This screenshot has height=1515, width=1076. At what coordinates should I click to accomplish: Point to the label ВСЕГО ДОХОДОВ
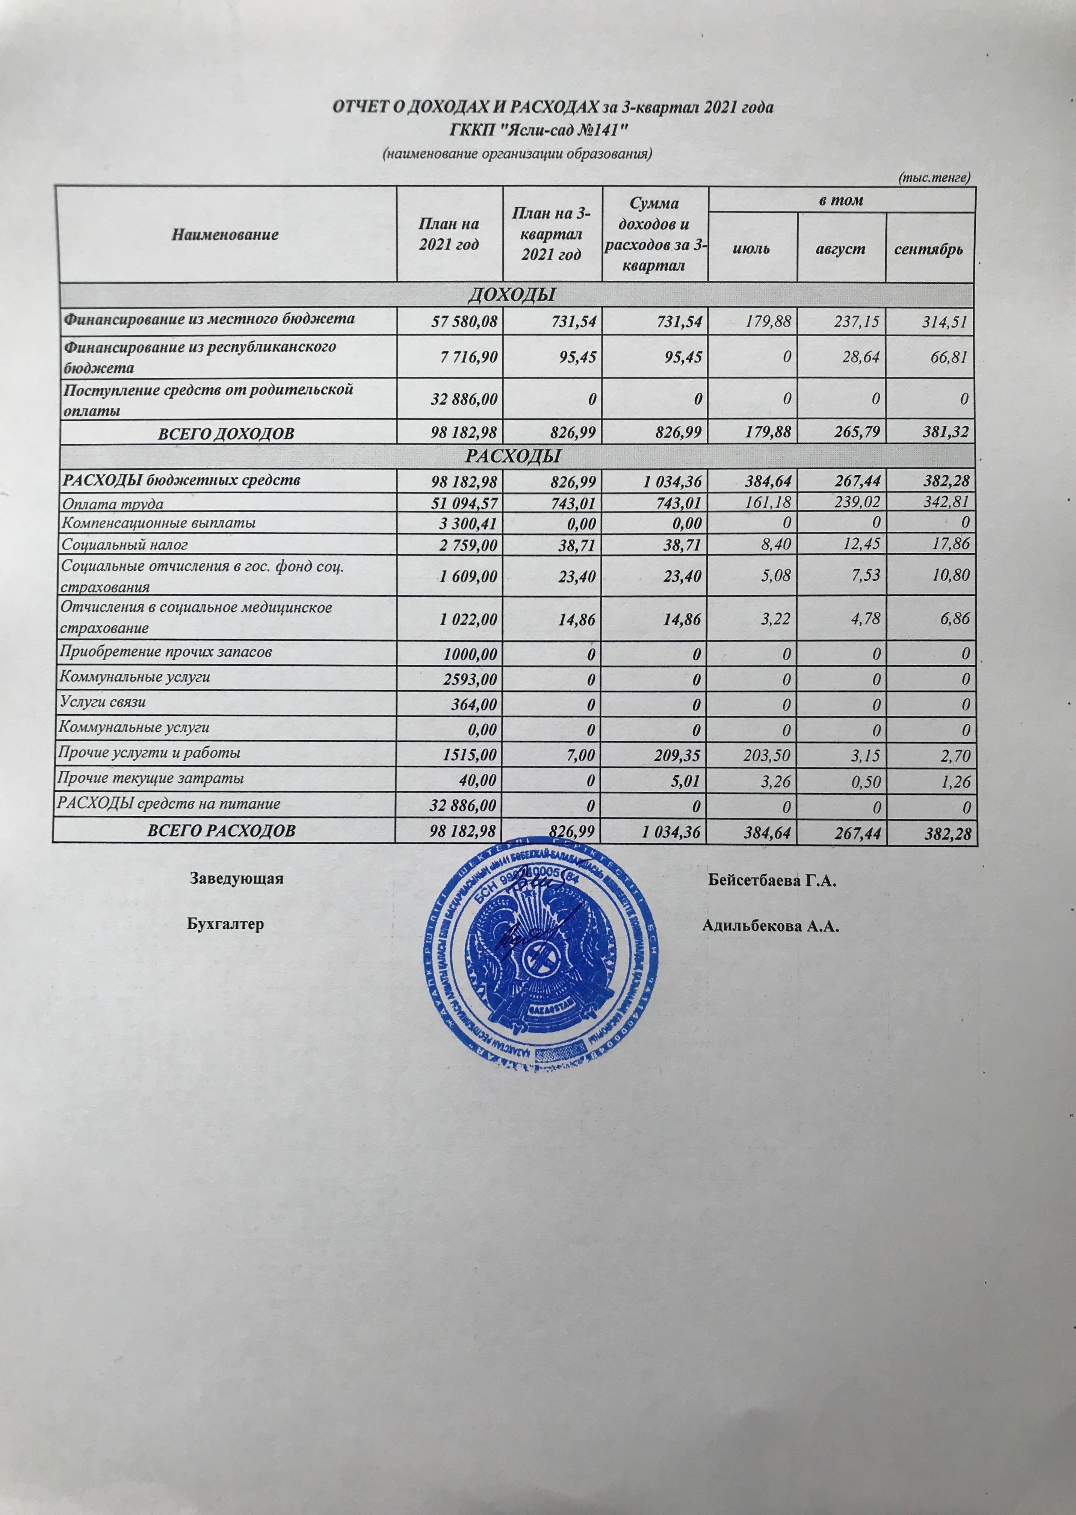click(225, 434)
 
